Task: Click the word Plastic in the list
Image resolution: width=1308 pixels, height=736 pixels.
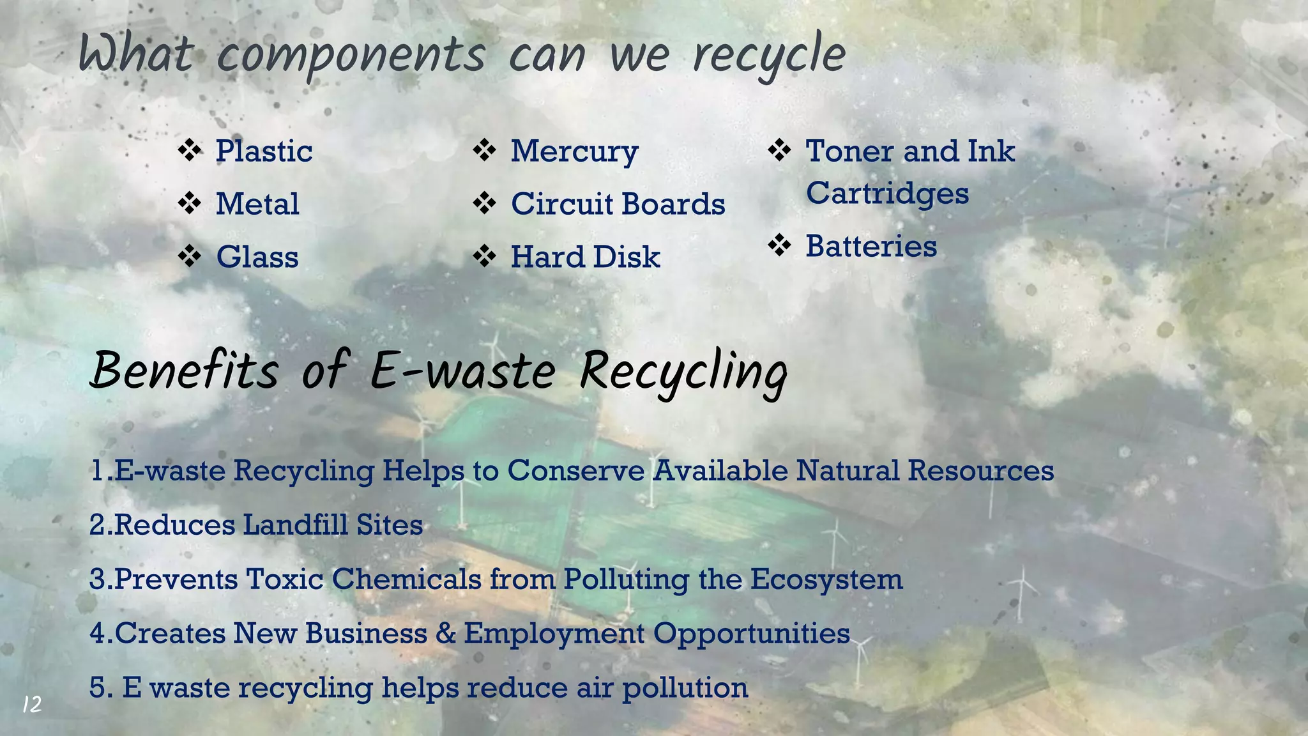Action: pos(264,151)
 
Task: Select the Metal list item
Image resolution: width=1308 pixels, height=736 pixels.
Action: pos(257,204)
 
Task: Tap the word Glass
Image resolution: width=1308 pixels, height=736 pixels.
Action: pos(257,257)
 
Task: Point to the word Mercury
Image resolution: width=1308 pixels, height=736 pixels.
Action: pos(574,152)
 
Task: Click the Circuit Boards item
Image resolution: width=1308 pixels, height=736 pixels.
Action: pos(618,204)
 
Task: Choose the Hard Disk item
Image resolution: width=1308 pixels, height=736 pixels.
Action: pos(585,257)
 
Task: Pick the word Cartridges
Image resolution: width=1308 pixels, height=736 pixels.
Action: pos(887,194)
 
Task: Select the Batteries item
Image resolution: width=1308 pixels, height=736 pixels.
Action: pos(871,247)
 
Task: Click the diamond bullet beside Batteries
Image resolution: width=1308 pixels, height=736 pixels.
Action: pos(779,245)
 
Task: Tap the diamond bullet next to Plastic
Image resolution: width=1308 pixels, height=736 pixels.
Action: pos(190,151)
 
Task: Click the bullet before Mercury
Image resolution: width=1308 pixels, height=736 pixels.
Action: pos(485,151)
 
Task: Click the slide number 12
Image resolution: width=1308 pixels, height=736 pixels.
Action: pos(32,705)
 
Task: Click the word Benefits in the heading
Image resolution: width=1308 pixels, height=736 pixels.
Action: pos(185,372)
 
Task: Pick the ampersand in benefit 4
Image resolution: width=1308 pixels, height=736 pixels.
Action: pos(446,634)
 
